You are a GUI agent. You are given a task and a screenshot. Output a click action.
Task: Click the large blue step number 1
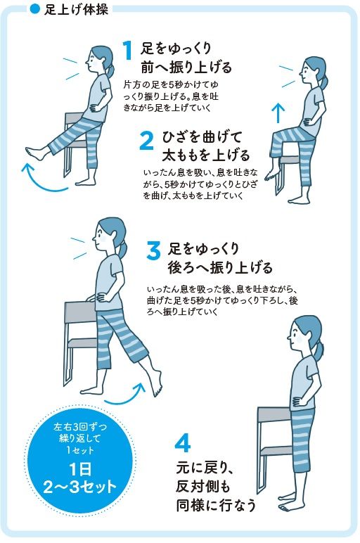(x=129, y=50)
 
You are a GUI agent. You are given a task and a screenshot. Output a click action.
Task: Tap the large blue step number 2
(x=146, y=141)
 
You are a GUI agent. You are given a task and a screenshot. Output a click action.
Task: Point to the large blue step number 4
(x=182, y=443)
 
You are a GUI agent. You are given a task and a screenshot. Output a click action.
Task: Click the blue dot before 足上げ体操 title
(x=34, y=8)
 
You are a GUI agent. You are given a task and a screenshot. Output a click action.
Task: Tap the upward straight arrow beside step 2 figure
(x=278, y=113)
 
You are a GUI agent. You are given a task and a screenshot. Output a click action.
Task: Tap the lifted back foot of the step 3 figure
(x=157, y=383)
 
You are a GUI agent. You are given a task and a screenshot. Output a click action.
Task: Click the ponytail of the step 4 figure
(x=319, y=349)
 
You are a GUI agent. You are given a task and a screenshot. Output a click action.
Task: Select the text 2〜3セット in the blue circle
(x=80, y=487)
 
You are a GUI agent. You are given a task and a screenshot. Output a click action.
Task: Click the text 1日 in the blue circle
(x=80, y=470)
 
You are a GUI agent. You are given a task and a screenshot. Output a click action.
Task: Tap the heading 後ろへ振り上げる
(x=220, y=267)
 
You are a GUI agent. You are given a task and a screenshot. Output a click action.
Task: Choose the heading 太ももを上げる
(x=206, y=155)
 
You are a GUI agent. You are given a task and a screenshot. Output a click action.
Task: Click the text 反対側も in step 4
(x=202, y=487)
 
